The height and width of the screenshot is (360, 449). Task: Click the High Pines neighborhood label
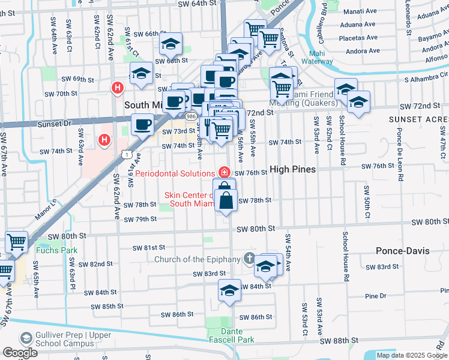tap(293, 170)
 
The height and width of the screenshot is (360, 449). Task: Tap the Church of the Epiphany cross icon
tap(249, 259)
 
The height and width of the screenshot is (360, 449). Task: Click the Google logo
tap(20, 353)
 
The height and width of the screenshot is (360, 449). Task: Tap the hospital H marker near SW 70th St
tap(117, 88)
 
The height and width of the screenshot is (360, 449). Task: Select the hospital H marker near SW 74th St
tap(104, 140)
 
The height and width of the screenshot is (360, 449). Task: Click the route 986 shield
tap(191, 115)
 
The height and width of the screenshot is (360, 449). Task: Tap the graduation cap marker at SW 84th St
tap(229, 290)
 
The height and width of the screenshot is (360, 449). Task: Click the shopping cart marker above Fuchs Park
tap(16, 242)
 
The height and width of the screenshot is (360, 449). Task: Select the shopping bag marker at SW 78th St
tap(226, 202)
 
